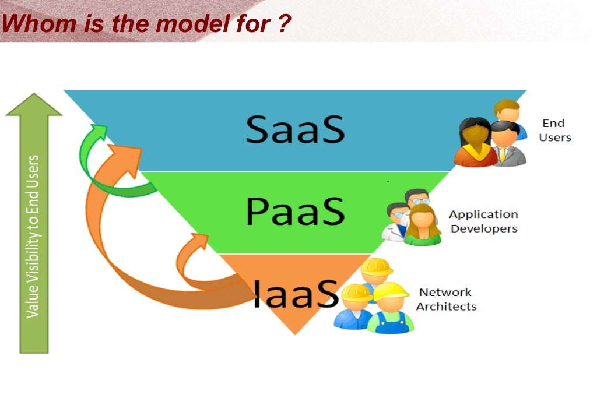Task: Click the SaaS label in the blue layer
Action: click(294, 129)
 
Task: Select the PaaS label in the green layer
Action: click(294, 211)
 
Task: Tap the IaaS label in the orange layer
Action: click(296, 293)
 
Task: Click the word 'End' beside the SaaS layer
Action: click(553, 124)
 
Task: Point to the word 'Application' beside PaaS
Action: click(483, 214)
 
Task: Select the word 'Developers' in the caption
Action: click(483, 228)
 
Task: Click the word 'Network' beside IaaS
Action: click(445, 293)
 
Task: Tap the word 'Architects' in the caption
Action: click(446, 307)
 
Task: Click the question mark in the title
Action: click(283, 24)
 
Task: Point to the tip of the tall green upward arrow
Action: click(34, 96)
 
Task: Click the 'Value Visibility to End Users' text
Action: click(33, 236)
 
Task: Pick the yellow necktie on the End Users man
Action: click(501, 154)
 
